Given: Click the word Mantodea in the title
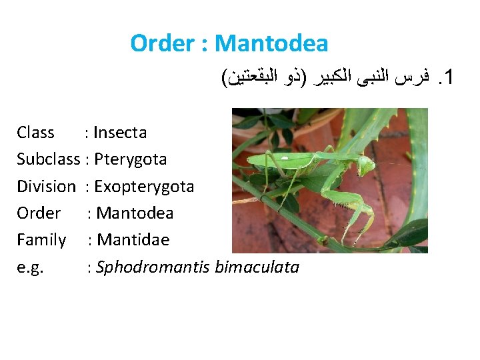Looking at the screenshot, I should (272, 44).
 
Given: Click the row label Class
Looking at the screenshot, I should (35, 133).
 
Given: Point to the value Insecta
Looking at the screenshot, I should (120, 133).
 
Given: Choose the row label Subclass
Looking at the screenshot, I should (48, 159).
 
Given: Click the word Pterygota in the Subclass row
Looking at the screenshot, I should (131, 159).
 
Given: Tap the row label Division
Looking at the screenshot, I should (46, 186).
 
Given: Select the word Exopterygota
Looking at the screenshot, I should (144, 187).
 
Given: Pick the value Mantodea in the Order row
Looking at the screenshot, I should (135, 213).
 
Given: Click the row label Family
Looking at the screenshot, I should (41, 240).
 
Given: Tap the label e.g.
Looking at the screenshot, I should (30, 268).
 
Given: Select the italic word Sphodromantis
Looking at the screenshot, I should (153, 267).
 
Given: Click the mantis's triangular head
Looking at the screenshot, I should (367, 163).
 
